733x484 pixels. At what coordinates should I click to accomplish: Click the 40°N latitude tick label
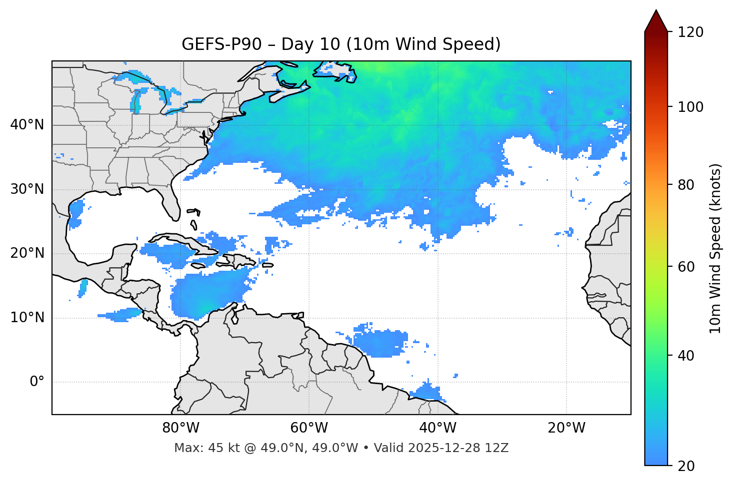27,125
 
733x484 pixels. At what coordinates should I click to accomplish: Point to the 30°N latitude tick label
27,189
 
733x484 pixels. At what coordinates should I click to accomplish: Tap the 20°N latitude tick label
27,253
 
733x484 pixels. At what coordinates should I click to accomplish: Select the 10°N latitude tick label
27,318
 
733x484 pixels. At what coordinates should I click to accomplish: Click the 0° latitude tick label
36,382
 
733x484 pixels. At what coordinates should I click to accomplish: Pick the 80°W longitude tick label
180,428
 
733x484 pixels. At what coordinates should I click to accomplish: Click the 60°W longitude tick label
309,428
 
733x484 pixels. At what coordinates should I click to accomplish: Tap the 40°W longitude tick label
438,428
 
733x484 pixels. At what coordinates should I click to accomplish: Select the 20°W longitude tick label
566,428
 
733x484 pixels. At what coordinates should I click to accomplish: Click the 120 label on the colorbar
690,32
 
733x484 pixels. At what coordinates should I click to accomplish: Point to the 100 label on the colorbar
690,107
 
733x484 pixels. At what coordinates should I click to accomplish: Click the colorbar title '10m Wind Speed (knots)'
715,248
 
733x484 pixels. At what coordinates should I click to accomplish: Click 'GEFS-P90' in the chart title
221,44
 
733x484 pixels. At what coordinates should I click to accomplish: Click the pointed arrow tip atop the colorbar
656,12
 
